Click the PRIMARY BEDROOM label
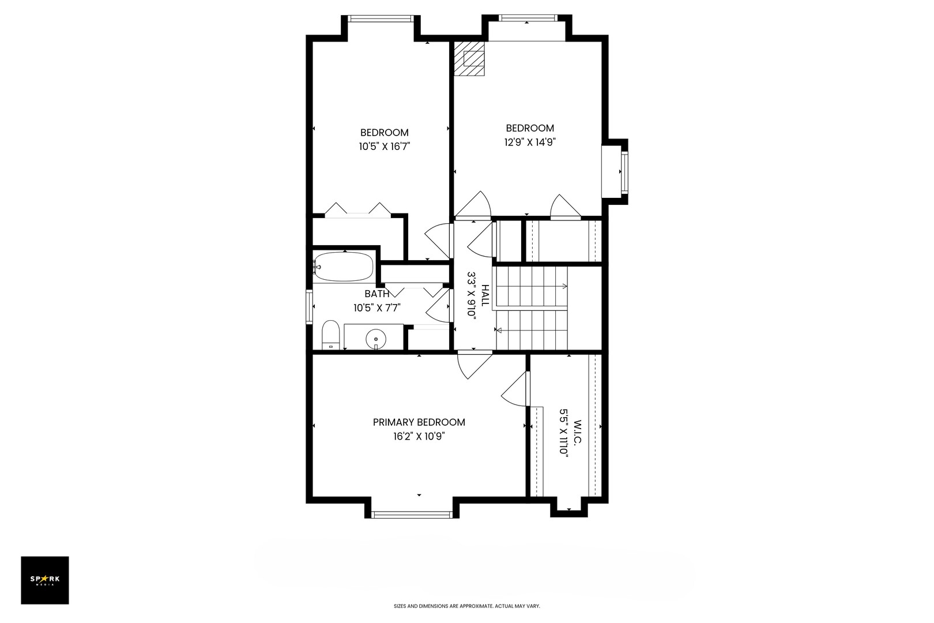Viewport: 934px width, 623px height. (419, 422)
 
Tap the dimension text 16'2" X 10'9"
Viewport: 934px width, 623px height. (419, 437)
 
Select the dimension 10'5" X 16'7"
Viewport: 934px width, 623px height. (385, 147)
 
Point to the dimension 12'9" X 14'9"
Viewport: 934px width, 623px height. (529, 142)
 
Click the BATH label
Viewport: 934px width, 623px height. (377, 294)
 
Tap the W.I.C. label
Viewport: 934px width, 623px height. (578, 432)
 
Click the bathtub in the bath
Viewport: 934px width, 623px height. (344, 267)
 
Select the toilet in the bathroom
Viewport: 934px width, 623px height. (331, 335)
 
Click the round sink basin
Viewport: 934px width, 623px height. (376, 339)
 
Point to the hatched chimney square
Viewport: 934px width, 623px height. (469, 59)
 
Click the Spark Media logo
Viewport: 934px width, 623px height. (45, 580)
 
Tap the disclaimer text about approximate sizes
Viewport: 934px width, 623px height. (466, 606)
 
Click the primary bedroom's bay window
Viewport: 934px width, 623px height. (412, 515)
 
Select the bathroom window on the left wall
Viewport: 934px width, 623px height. (310, 307)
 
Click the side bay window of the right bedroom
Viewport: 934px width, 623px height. (624, 172)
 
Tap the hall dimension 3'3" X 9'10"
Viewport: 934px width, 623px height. (472, 295)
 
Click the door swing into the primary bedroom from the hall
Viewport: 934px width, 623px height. (475, 365)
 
